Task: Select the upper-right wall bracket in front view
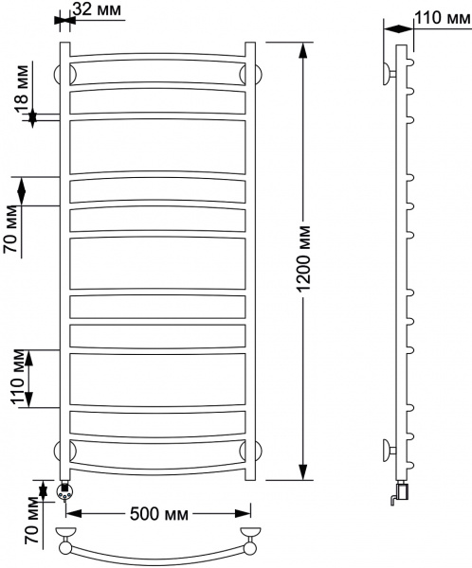pyautogui.click(x=249, y=73)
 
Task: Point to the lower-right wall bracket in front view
pyautogui.click(x=249, y=449)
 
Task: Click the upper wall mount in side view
pyautogui.click(x=390, y=72)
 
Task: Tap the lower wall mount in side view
pyautogui.click(x=390, y=449)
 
